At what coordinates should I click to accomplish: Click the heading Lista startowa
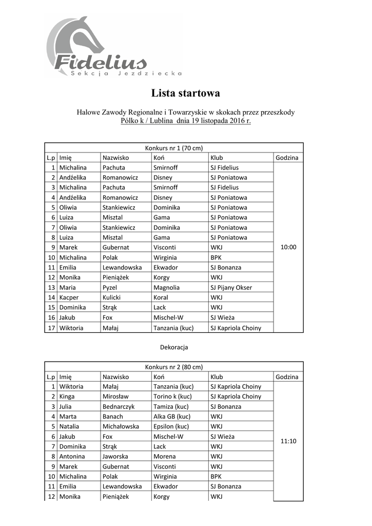tap(185, 93)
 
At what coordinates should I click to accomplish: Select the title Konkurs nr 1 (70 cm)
tap(173, 147)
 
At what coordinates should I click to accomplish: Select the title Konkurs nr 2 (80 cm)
tap(173, 367)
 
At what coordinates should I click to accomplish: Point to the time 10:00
tap(289, 247)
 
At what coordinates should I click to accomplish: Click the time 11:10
tap(289, 441)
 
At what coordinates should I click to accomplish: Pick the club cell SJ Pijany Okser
tap(231, 287)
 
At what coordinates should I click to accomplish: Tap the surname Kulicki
tap(113, 297)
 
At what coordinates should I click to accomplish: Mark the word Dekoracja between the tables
tap(174, 347)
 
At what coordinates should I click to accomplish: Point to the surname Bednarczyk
tap(118, 406)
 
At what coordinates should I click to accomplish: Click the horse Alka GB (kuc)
tap(171, 417)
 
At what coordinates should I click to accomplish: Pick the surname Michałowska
tap(121, 426)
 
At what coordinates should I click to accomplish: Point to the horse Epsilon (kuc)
tap(171, 426)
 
